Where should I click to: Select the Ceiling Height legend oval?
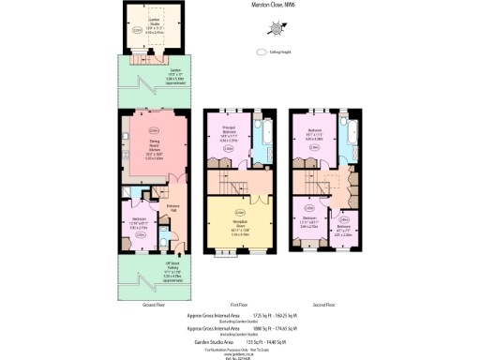tap(262, 52)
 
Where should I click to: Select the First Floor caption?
tap(240, 306)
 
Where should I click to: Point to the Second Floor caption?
tap(325, 306)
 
